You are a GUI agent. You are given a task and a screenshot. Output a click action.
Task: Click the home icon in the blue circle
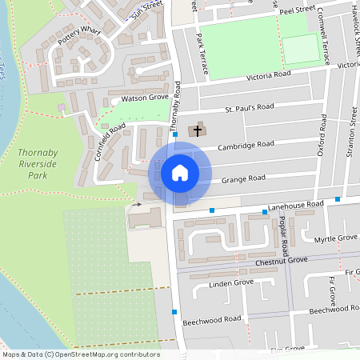[180, 173]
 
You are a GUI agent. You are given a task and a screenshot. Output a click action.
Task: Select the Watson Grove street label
[144, 98]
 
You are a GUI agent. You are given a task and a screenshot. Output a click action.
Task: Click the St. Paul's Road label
[249, 106]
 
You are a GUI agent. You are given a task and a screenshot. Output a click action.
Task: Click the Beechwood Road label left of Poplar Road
[211, 318]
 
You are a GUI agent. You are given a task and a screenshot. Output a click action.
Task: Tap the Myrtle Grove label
[335, 238]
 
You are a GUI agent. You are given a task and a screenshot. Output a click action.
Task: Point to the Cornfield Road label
[110, 141]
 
